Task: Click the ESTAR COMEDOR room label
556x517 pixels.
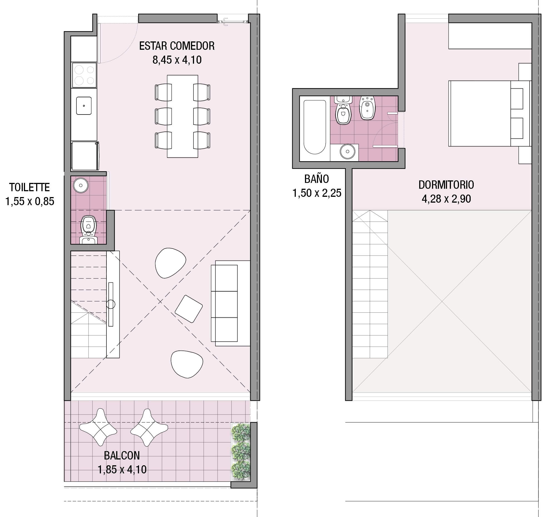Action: coord(177,46)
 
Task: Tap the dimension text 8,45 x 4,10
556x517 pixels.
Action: coord(177,60)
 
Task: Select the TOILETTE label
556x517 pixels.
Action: coord(29,187)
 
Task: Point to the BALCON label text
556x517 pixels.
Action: coord(122,456)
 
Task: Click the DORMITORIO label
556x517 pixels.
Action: coord(446,185)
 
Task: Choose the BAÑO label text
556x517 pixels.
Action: coord(317,179)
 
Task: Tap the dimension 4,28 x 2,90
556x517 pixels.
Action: coord(446,199)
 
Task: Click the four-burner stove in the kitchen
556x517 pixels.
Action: coord(84,75)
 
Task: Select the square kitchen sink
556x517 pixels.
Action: coord(84,106)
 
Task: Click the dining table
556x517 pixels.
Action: coord(182,116)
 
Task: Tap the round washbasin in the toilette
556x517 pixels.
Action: coord(81,185)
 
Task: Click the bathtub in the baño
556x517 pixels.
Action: coord(315,127)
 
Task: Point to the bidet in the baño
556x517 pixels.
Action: coord(367,108)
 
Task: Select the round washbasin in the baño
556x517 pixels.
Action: coord(347,151)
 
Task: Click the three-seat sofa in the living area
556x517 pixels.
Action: coord(227,303)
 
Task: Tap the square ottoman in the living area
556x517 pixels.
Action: coord(188,309)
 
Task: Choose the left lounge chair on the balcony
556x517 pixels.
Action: coord(98,427)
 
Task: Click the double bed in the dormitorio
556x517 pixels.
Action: coord(488,113)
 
